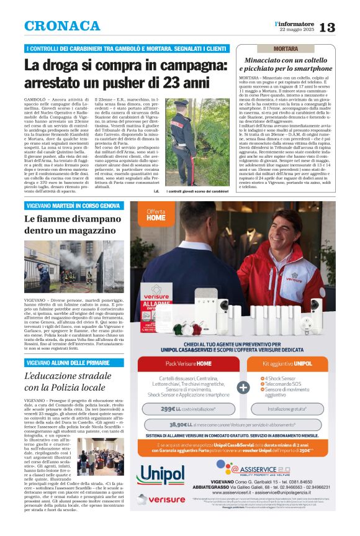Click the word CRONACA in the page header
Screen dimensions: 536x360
click(62, 27)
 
